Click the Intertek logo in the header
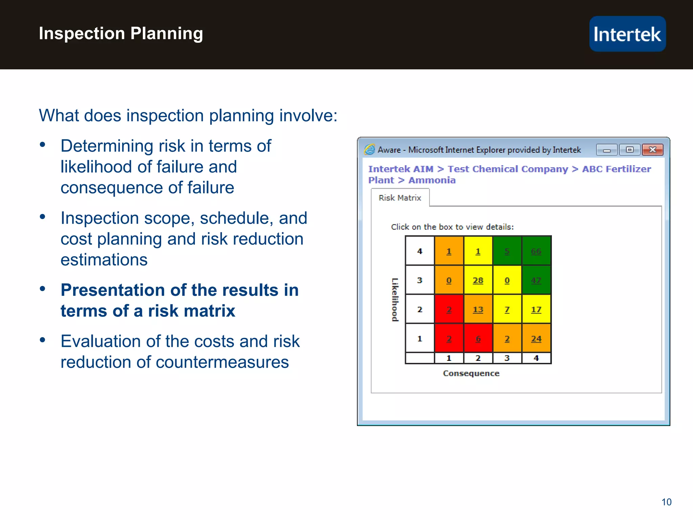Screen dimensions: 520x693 (x=627, y=34)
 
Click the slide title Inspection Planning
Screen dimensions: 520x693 (x=121, y=34)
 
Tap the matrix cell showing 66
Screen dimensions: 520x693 (x=536, y=251)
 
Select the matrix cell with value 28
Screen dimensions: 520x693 (x=478, y=280)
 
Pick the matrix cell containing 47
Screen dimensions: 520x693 (x=536, y=280)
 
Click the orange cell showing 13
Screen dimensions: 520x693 (x=478, y=309)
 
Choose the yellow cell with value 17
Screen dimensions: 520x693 (x=536, y=309)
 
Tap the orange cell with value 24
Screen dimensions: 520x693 (x=536, y=339)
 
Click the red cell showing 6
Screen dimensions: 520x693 (x=478, y=339)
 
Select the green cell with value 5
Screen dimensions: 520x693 (x=507, y=251)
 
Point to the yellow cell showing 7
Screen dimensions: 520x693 (x=507, y=309)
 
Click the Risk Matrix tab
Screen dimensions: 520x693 (x=400, y=198)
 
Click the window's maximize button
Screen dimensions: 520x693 (x=630, y=150)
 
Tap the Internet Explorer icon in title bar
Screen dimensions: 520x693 (x=370, y=149)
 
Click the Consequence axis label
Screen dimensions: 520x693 (x=471, y=373)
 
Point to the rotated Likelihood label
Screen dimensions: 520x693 (x=395, y=300)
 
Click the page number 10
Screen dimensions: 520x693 (x=666, y=502)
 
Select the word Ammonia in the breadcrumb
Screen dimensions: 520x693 (x=432, y=180)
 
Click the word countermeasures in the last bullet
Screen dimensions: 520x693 (x=222, y=362)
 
